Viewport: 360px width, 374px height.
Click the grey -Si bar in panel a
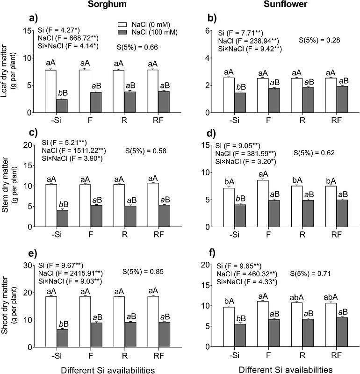62,106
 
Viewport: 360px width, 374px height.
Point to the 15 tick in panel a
28,31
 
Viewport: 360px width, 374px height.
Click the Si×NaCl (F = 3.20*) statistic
245,162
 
